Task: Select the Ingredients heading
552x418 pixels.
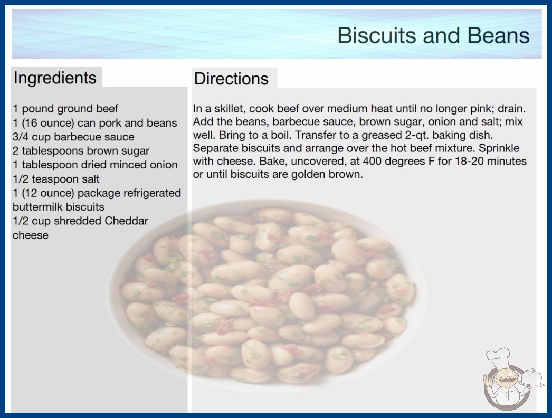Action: (x=55, y=78)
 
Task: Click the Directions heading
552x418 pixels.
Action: (x=231, y=79)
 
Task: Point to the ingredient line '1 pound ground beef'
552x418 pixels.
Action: (x=65, y=109)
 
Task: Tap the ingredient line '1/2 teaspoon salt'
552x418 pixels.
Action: (x=56, y=179)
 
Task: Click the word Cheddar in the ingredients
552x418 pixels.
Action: (x=126, y=221)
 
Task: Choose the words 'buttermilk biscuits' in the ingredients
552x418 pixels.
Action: (x=59, y=207)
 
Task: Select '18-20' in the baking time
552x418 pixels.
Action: (x=471, y=161)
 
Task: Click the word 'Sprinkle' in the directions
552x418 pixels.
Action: (x=499, y=148)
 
